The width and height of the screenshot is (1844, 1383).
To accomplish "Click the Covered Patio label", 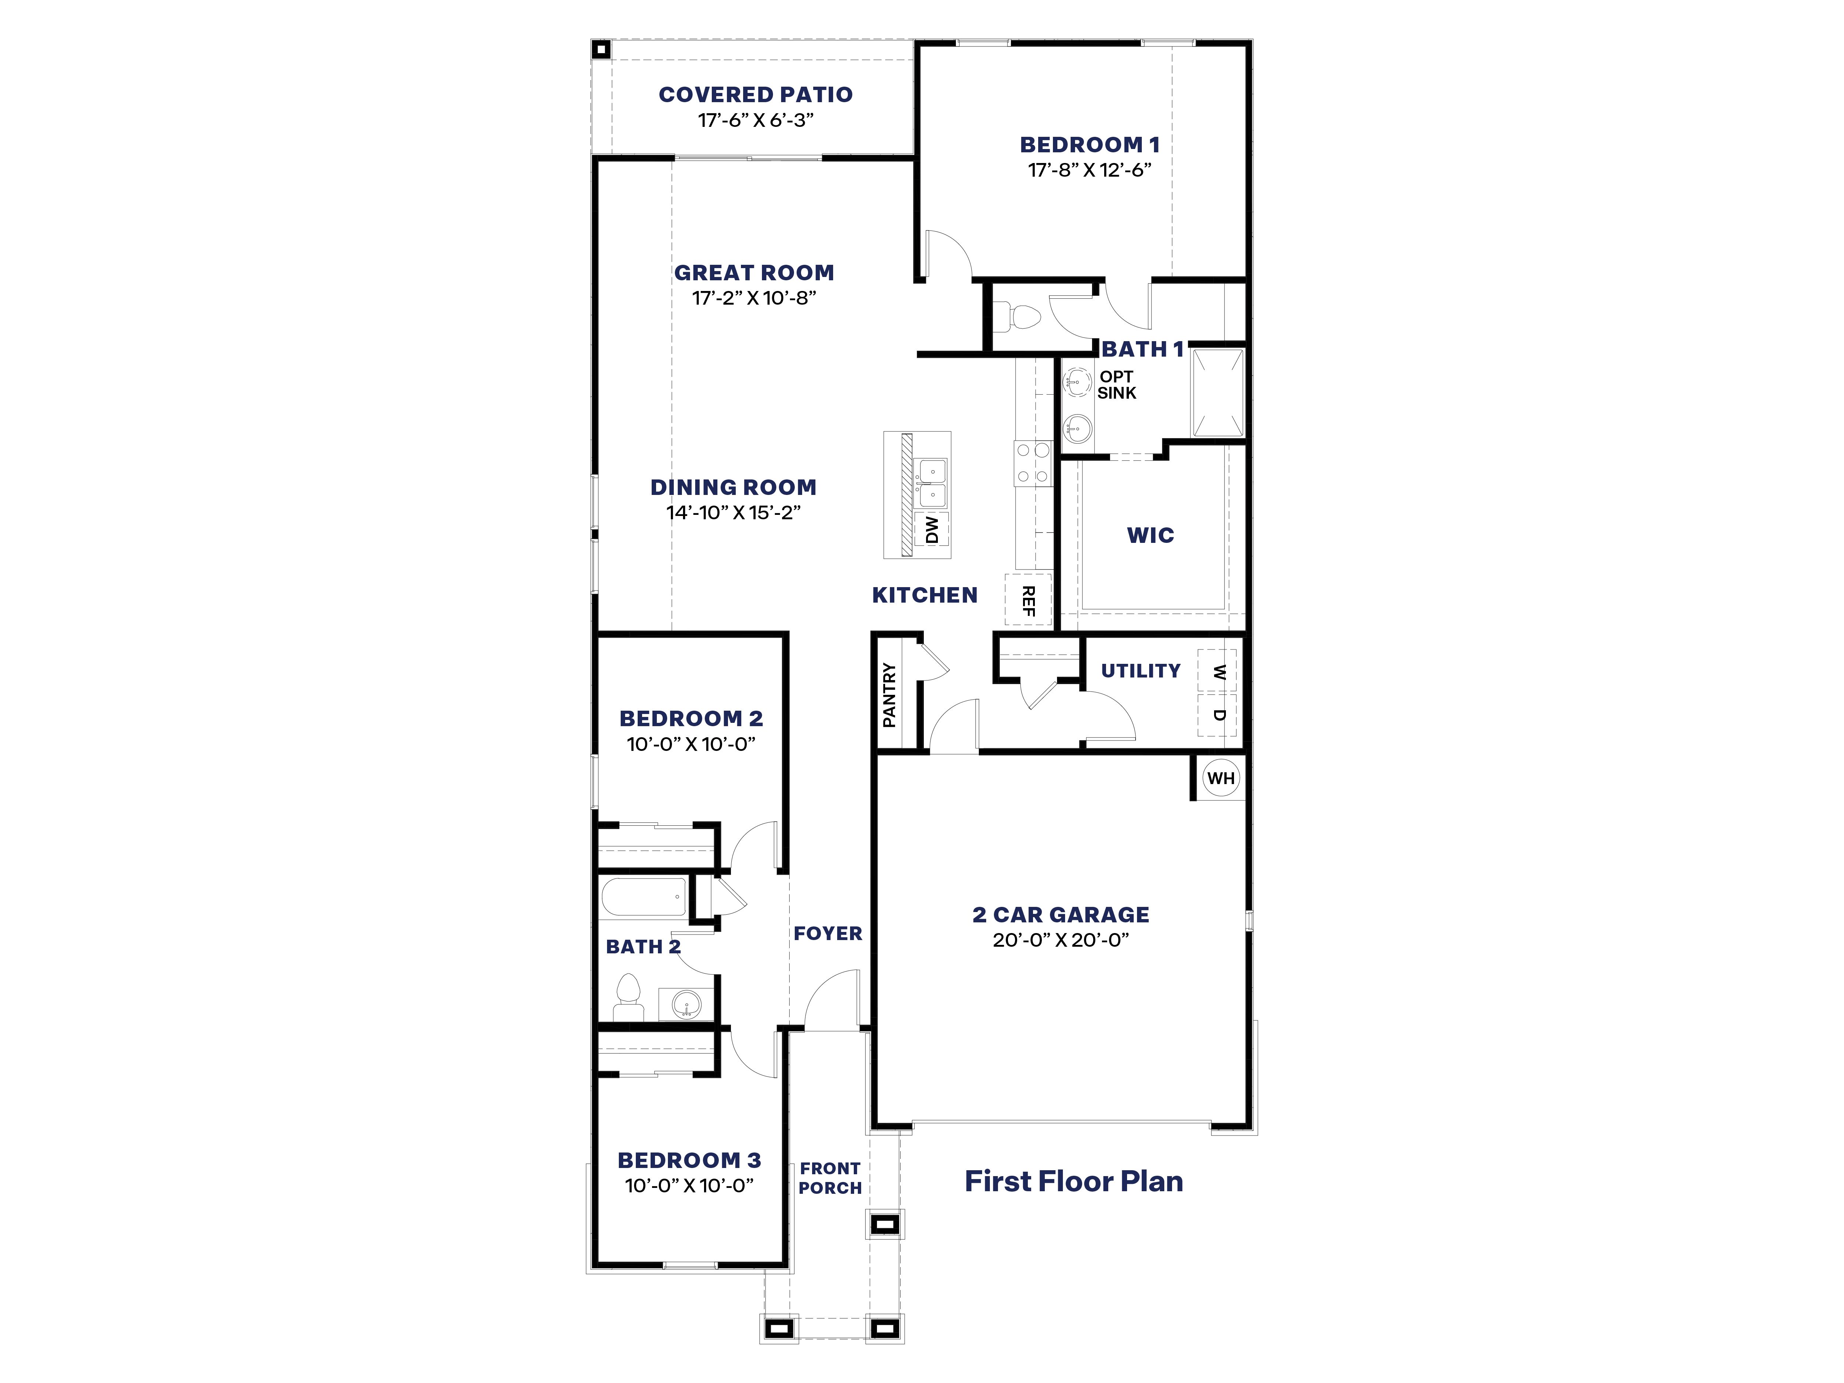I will click(755, 95).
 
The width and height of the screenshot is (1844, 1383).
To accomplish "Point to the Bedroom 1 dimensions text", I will click(1089, 170).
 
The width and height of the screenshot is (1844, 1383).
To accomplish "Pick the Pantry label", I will click(890, 694).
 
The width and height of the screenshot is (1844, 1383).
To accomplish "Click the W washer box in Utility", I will click(1217, 671).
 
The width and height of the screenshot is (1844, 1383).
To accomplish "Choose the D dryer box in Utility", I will click(1217, 715).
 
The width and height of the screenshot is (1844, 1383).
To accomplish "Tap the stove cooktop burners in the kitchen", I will click(1032, 464).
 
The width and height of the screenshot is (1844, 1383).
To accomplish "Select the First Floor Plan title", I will click(1074, 1181).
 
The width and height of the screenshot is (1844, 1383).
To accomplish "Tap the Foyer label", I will click(827, 934).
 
